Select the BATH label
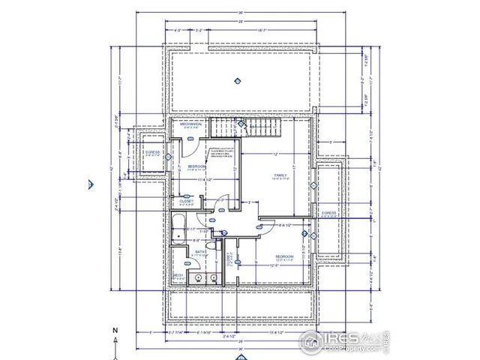[x=200, y=252]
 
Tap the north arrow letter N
[x=115, y=330]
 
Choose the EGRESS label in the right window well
[x=328, y=213]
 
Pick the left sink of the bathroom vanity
[x=197, y=277]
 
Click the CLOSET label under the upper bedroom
[x=187, y=201]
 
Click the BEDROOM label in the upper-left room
[x=196, y=165]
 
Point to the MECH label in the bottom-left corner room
[x=178, y=276]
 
